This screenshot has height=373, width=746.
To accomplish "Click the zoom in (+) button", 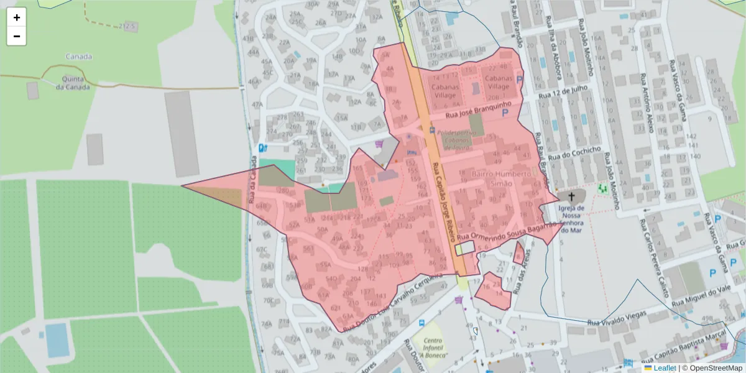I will tap(17, 17).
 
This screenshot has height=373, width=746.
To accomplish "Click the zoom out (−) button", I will tap(17, 36).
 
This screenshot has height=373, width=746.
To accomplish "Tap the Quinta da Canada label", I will tap(72, 83).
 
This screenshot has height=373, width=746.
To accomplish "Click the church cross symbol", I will tap(572, 196).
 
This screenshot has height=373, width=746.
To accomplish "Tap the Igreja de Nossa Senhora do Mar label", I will tap(572, 219).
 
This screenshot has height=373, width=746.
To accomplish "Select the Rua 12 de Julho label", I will tap(563, 92).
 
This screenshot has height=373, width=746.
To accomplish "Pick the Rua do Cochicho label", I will tap(579, 153).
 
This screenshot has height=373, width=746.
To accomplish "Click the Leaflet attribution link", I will tap(665, 368).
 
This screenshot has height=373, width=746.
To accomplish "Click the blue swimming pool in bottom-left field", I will tap(57, 340).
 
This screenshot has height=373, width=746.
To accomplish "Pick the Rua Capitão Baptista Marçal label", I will tap(684, 348).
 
